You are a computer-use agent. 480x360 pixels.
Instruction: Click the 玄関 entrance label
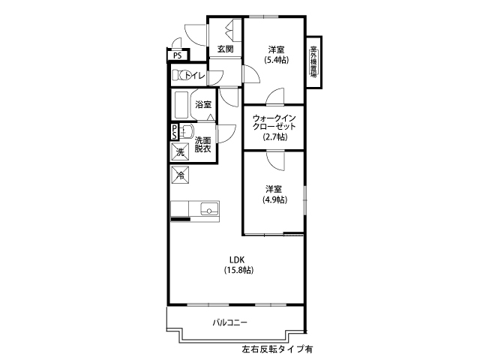click(226, 49)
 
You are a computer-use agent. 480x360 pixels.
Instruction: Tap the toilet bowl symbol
click(180, 75)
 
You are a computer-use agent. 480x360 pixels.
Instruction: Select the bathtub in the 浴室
click(181, 104)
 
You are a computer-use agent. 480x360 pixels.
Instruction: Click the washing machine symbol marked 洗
click(180, 151)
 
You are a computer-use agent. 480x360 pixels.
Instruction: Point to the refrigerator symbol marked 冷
click(180, 175)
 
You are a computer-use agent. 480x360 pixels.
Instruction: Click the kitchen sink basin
click(209, 208)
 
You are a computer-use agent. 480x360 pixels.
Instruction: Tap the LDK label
click(237, 260)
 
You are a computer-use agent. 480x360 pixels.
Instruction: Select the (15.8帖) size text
click(238, 270)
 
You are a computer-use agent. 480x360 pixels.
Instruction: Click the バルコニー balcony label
click(230, 322)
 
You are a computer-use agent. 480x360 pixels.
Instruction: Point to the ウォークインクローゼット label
click(274, 122)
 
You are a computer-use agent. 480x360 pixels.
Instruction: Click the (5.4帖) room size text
click(277, 60)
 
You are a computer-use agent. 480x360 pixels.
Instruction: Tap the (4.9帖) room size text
click(274, 199)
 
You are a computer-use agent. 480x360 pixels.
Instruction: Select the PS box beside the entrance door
click(178, 55)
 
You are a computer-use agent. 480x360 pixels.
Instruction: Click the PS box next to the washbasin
click(174, 132)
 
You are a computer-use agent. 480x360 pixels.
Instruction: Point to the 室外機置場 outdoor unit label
click(313, 61)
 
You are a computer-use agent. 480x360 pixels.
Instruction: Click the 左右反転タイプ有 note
click(277, 349)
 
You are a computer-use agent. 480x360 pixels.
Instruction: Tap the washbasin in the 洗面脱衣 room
click(186, 132)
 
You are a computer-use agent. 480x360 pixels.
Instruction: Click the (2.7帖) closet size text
click(275, 136)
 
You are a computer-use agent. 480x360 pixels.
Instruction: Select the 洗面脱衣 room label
click(203, 145)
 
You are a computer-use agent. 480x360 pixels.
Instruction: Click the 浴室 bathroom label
click(203, 105)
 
